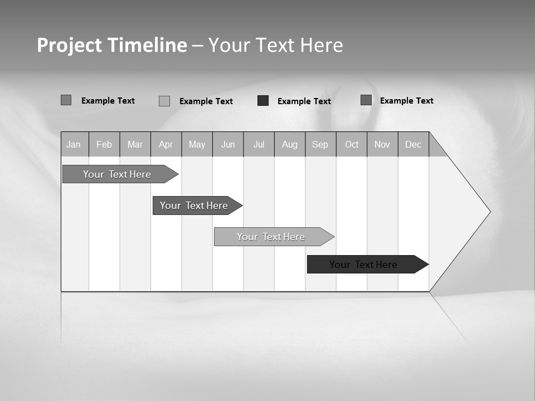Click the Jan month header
click(x=74, y=144)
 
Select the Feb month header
click(x=104, y=144)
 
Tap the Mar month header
click(x=135, y=144)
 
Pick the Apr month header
click(x=166, y=144)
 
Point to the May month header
click(x=197, y=144)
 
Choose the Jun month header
click(x=228, y=144)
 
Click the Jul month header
click(x=259, y=144)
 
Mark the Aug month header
click(x=290, y=144)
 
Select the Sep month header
click(x=320, y=144)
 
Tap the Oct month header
click(x=352, y=144)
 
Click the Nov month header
click(x=382, y=144)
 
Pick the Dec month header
click(x=414, y=144)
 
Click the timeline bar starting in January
click(x=118, y=174)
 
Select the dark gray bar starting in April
click(x=194, y=206)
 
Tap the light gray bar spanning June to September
click(x=271, y=237)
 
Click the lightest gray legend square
click(x=164, y=101)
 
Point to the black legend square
click(x=263, y=100)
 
